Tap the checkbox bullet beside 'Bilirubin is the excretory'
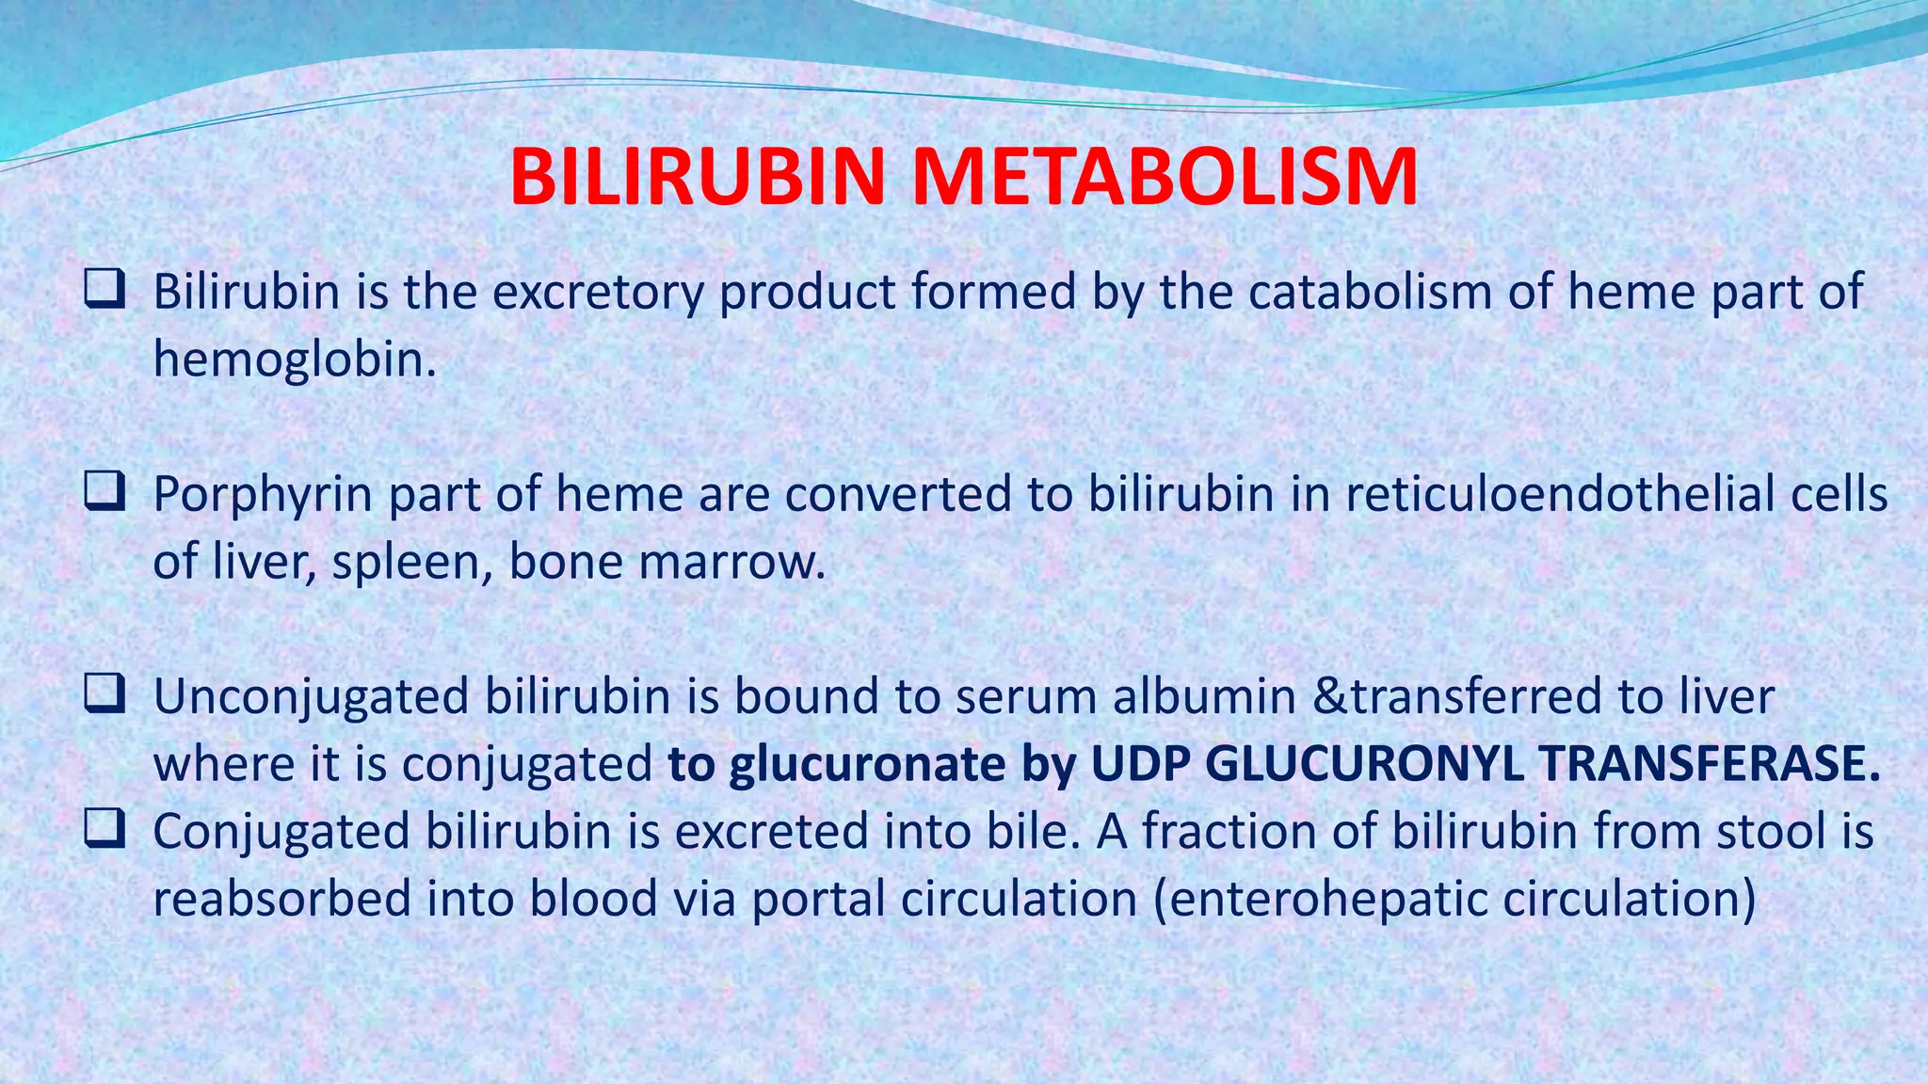[x=104, y=289]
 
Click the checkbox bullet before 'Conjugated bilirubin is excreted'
[x=104, y=829]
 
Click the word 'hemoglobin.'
[x=295, y=359]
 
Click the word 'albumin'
[x=1204, y=697]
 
